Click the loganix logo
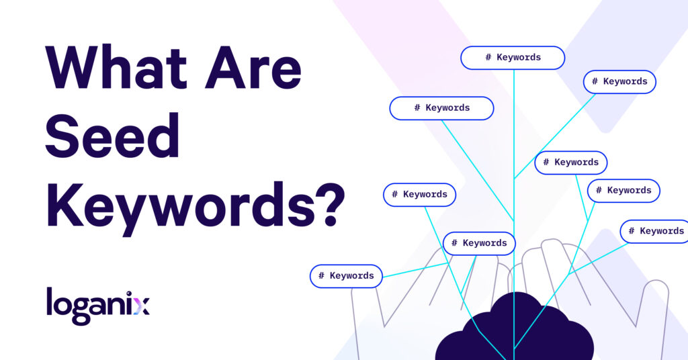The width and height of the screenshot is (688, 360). pos(98,306)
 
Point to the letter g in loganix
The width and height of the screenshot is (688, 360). pos(79,310)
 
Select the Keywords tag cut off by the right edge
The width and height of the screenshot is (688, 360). pos(654,231)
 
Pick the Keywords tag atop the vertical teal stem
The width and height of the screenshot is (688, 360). pos(513,57)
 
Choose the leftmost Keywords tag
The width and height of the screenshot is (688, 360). pos(346,276)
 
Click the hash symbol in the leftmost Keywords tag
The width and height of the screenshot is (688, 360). pos(322,276)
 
